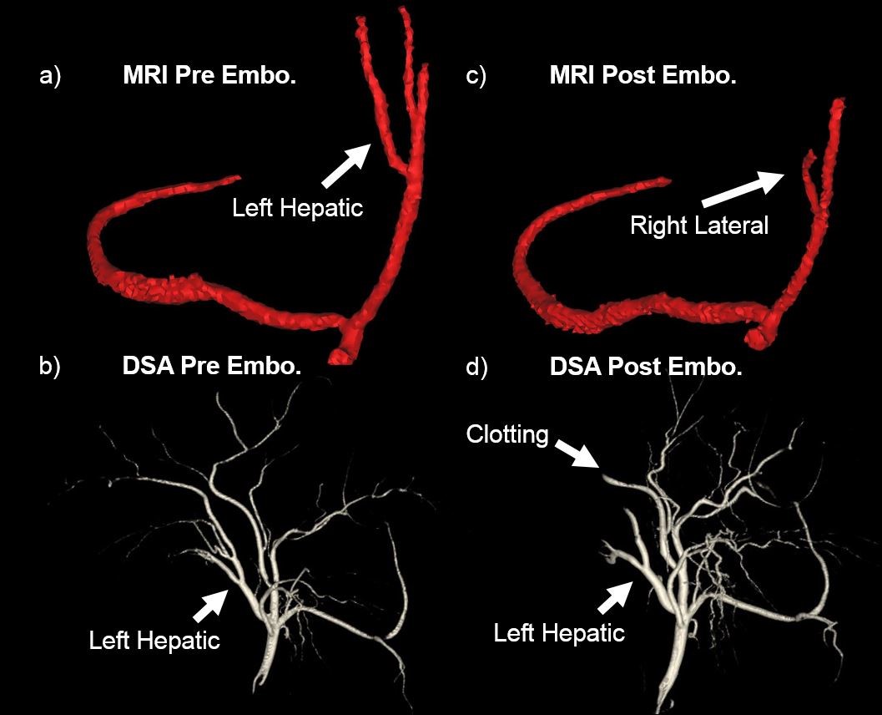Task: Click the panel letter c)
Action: (476, 77)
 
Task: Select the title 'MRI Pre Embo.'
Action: (209, 77)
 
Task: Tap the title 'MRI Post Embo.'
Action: (643, 77)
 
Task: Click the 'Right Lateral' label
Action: (698, 225)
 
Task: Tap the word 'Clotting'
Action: (507, 434)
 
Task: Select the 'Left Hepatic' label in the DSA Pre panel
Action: (154, 641)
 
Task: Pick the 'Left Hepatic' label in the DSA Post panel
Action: (559, 632)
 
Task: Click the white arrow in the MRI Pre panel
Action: (346, 165)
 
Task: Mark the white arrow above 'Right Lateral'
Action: (741, 188)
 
